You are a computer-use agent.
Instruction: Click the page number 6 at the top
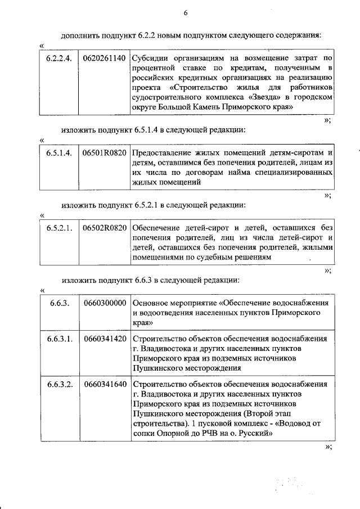(x=185, y=13)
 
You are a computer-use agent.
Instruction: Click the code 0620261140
(x=103, y=58)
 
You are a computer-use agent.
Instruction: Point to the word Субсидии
(x=150, y=58)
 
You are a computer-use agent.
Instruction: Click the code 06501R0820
(x=103, y=152)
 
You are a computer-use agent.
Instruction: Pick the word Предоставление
(x=162, y=152)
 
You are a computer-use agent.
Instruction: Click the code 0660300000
(x=103, y=303)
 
